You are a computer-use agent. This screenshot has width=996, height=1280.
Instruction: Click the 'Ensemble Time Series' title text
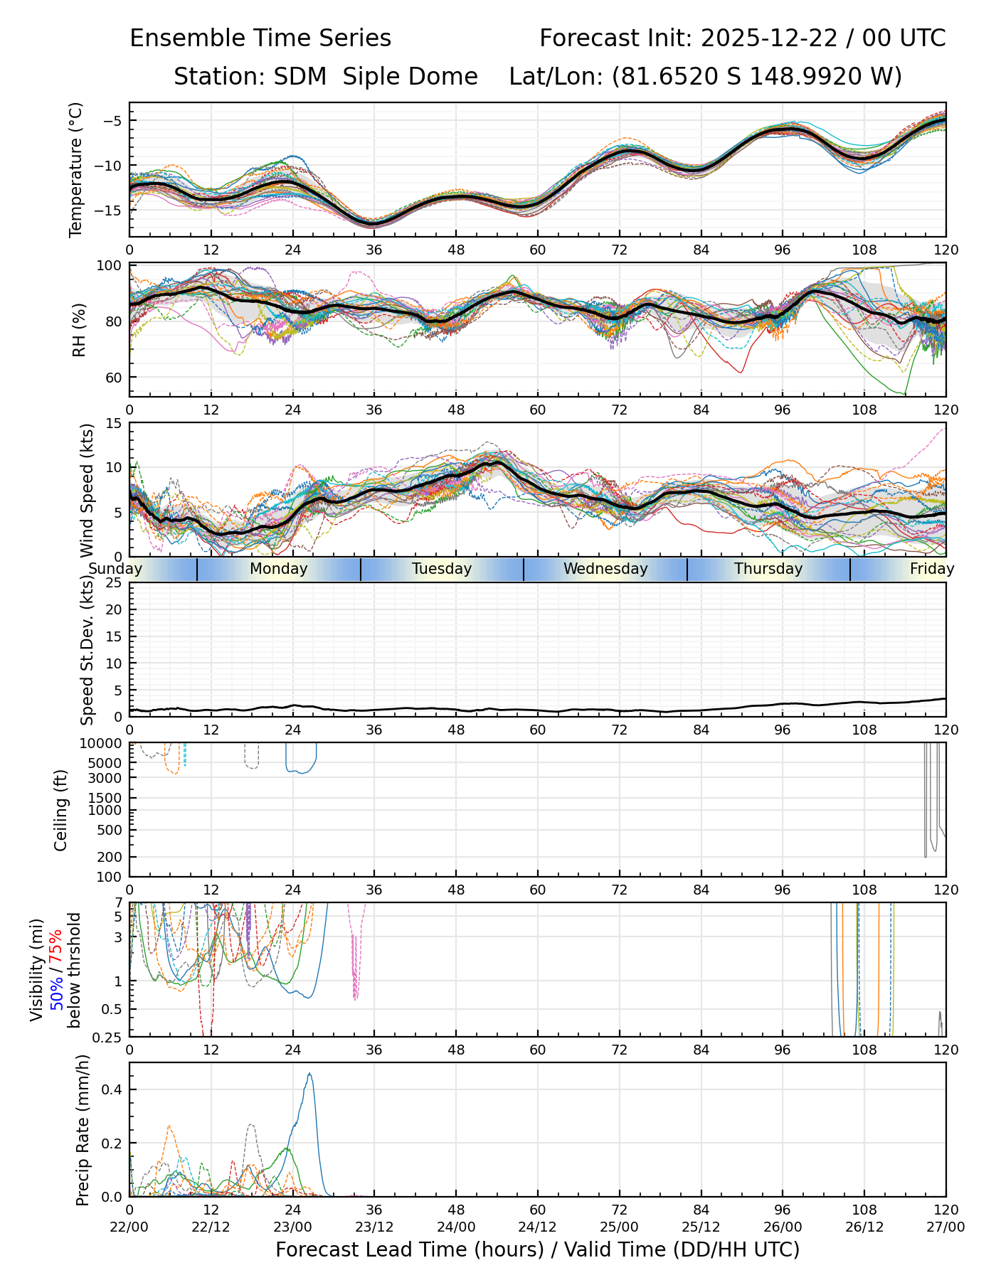(x=260, y=38)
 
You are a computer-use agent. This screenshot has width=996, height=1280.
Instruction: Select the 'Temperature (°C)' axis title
(x=76, y=169)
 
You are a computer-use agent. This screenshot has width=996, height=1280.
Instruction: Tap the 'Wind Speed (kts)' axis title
(x=87, y=490)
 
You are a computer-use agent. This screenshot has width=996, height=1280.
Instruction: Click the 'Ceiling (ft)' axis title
(x=61, y=810)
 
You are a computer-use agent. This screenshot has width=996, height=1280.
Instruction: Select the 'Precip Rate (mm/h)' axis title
(x=83, y=1130)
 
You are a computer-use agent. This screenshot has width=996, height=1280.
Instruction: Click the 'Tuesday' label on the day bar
(x=442, y=569)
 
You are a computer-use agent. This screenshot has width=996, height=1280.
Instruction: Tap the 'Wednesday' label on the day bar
(x=605, y=569)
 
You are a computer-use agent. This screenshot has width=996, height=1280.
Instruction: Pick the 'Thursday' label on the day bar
(x=768, y=569)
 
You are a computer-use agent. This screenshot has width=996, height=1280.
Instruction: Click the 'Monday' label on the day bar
(x=279, y=569)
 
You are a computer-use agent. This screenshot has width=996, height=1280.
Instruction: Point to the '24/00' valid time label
(x=456, y=1227)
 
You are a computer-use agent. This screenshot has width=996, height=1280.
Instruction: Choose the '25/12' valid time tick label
(x=701, y=1227)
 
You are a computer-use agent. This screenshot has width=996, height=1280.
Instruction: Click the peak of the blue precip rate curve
(x=309, y=1074)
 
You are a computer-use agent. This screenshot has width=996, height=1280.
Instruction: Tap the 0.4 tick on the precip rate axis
(x=114, y=1090)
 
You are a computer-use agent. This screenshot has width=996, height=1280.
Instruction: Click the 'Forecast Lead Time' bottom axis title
(x=537, y=1249)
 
